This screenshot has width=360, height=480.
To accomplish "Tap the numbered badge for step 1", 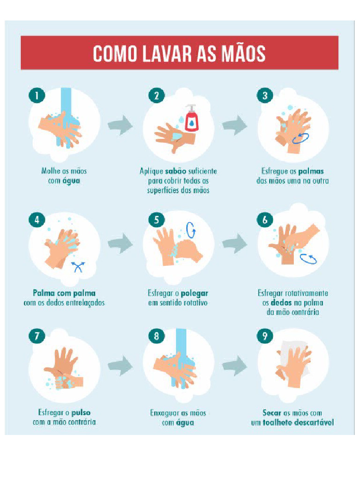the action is (x=37, y=95).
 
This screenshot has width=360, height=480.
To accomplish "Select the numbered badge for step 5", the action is (x=157, y=220).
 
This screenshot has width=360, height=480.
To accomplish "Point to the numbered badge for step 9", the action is (x=265, y=336).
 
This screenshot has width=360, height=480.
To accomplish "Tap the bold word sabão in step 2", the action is (x=176, y=171).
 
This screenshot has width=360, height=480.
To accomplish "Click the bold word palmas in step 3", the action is (x=311, y=171).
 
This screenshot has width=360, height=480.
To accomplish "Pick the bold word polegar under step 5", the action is (x=195, y=293).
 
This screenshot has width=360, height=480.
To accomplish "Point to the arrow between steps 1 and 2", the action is (x=120, y=125).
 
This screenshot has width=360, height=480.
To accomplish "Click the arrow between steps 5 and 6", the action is (x=235, y=244).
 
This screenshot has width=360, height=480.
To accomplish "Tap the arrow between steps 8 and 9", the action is (x=235, y=366).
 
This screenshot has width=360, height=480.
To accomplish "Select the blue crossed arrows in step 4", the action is (x=78, y=267).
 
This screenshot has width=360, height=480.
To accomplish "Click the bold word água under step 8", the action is (x=185, y=423).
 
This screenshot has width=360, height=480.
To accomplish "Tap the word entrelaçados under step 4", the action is (x=86, y=303).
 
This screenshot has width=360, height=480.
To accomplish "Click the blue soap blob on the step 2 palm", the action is (x=177, y=135).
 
